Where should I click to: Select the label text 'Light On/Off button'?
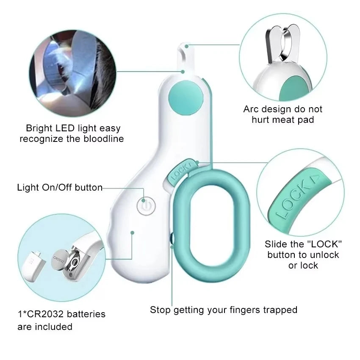60,187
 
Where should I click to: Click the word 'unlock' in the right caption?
322,255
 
